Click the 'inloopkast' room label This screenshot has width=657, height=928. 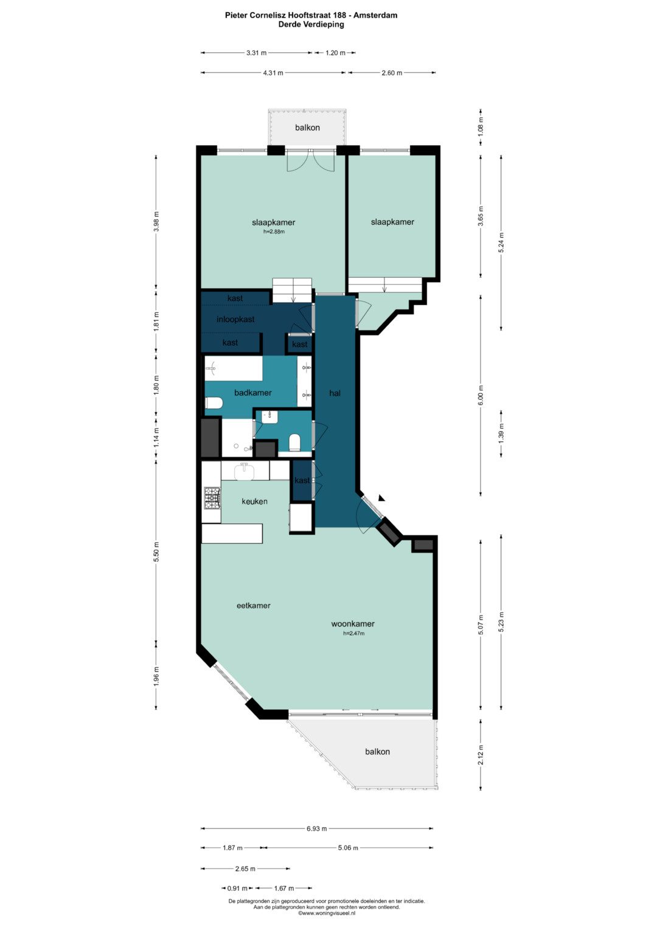tap(235, 320)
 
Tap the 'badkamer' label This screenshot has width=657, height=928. tap(253, 393)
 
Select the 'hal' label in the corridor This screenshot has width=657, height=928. tap(335, 393)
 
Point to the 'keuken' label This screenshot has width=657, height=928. tap(255, 501)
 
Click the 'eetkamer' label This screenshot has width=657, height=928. tap(254, 605)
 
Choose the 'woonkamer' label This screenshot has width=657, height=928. tap(353, 624)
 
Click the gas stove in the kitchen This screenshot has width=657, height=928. tap(212, 498)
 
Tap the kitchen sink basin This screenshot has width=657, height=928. tap(246, 472)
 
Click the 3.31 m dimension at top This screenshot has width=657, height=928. tap(256, 53)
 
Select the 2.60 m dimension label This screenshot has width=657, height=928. tap(392, 73)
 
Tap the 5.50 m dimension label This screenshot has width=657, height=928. tap(156, 552)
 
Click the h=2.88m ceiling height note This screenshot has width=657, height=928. tap(274, 232)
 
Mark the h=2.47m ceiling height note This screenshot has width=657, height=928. tap(354, 633)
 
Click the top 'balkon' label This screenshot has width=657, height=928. tap(307, 127)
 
